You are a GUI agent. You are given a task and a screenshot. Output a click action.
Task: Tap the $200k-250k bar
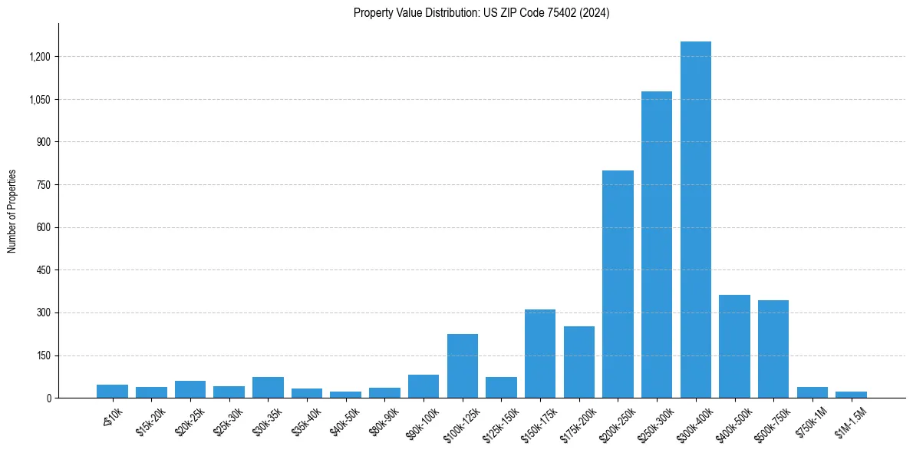[618, 284]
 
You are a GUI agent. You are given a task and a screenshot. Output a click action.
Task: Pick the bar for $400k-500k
[734, 346]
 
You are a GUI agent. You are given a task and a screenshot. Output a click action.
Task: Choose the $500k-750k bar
[773, 349]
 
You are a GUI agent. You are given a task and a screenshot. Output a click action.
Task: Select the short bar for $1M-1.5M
[851, 395]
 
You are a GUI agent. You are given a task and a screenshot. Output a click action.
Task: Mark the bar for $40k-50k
[345, 395]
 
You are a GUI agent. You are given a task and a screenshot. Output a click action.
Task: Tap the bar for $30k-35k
[268, 388]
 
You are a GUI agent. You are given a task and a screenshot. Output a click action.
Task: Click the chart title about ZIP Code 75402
[481, 13]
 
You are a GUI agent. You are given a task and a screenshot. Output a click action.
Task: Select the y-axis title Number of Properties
[12, 211]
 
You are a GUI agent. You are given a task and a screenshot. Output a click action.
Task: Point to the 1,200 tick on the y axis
[39, 57]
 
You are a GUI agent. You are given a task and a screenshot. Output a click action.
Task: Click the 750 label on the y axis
[43, 185]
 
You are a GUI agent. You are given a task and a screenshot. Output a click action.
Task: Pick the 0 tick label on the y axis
[48, 398]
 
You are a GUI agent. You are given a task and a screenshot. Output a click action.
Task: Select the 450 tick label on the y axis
[43, 270]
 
